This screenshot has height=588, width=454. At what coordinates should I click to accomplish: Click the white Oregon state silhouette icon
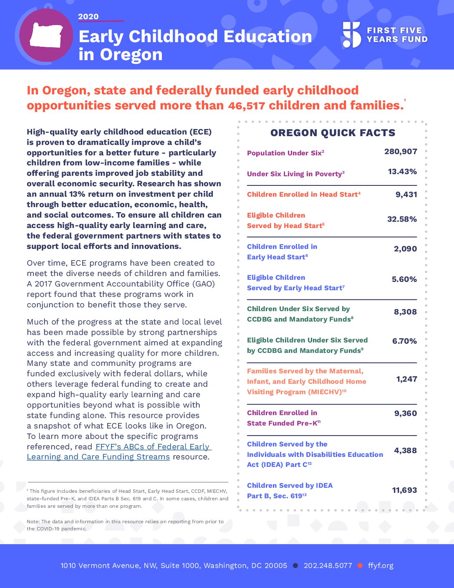[46, 35]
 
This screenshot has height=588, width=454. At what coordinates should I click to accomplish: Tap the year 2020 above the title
[88, 17]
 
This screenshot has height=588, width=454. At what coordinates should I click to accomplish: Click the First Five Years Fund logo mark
[351, 35]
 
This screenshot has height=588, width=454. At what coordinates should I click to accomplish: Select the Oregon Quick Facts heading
[333, 133]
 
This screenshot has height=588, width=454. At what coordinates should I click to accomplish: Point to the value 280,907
[401, 151]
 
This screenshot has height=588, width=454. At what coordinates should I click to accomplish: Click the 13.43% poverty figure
[402, 172]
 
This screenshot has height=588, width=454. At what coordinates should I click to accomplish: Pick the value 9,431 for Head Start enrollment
[406, 194]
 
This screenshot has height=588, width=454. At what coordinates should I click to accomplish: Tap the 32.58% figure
[402, 219]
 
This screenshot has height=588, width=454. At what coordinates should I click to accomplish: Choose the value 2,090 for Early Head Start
[405, 248]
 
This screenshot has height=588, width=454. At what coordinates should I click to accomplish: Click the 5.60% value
[404, 279]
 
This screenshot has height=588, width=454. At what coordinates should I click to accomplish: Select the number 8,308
[405, 312]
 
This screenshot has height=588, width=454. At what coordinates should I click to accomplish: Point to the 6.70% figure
[404, 341]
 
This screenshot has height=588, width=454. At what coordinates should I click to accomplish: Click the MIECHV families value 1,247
[407, 379]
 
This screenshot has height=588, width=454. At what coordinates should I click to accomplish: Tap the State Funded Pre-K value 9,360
[406, 413]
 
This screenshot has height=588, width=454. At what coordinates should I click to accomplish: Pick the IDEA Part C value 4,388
[405, 450]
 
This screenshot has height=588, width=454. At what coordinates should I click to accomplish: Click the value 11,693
[404, 490]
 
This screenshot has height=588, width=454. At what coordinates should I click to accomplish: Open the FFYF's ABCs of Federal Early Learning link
[119, 451]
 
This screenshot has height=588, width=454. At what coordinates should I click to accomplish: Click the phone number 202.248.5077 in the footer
[328, 565]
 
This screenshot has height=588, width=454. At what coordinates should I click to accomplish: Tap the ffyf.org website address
[381, 566]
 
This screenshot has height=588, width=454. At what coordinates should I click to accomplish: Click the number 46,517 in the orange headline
[246, 106]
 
